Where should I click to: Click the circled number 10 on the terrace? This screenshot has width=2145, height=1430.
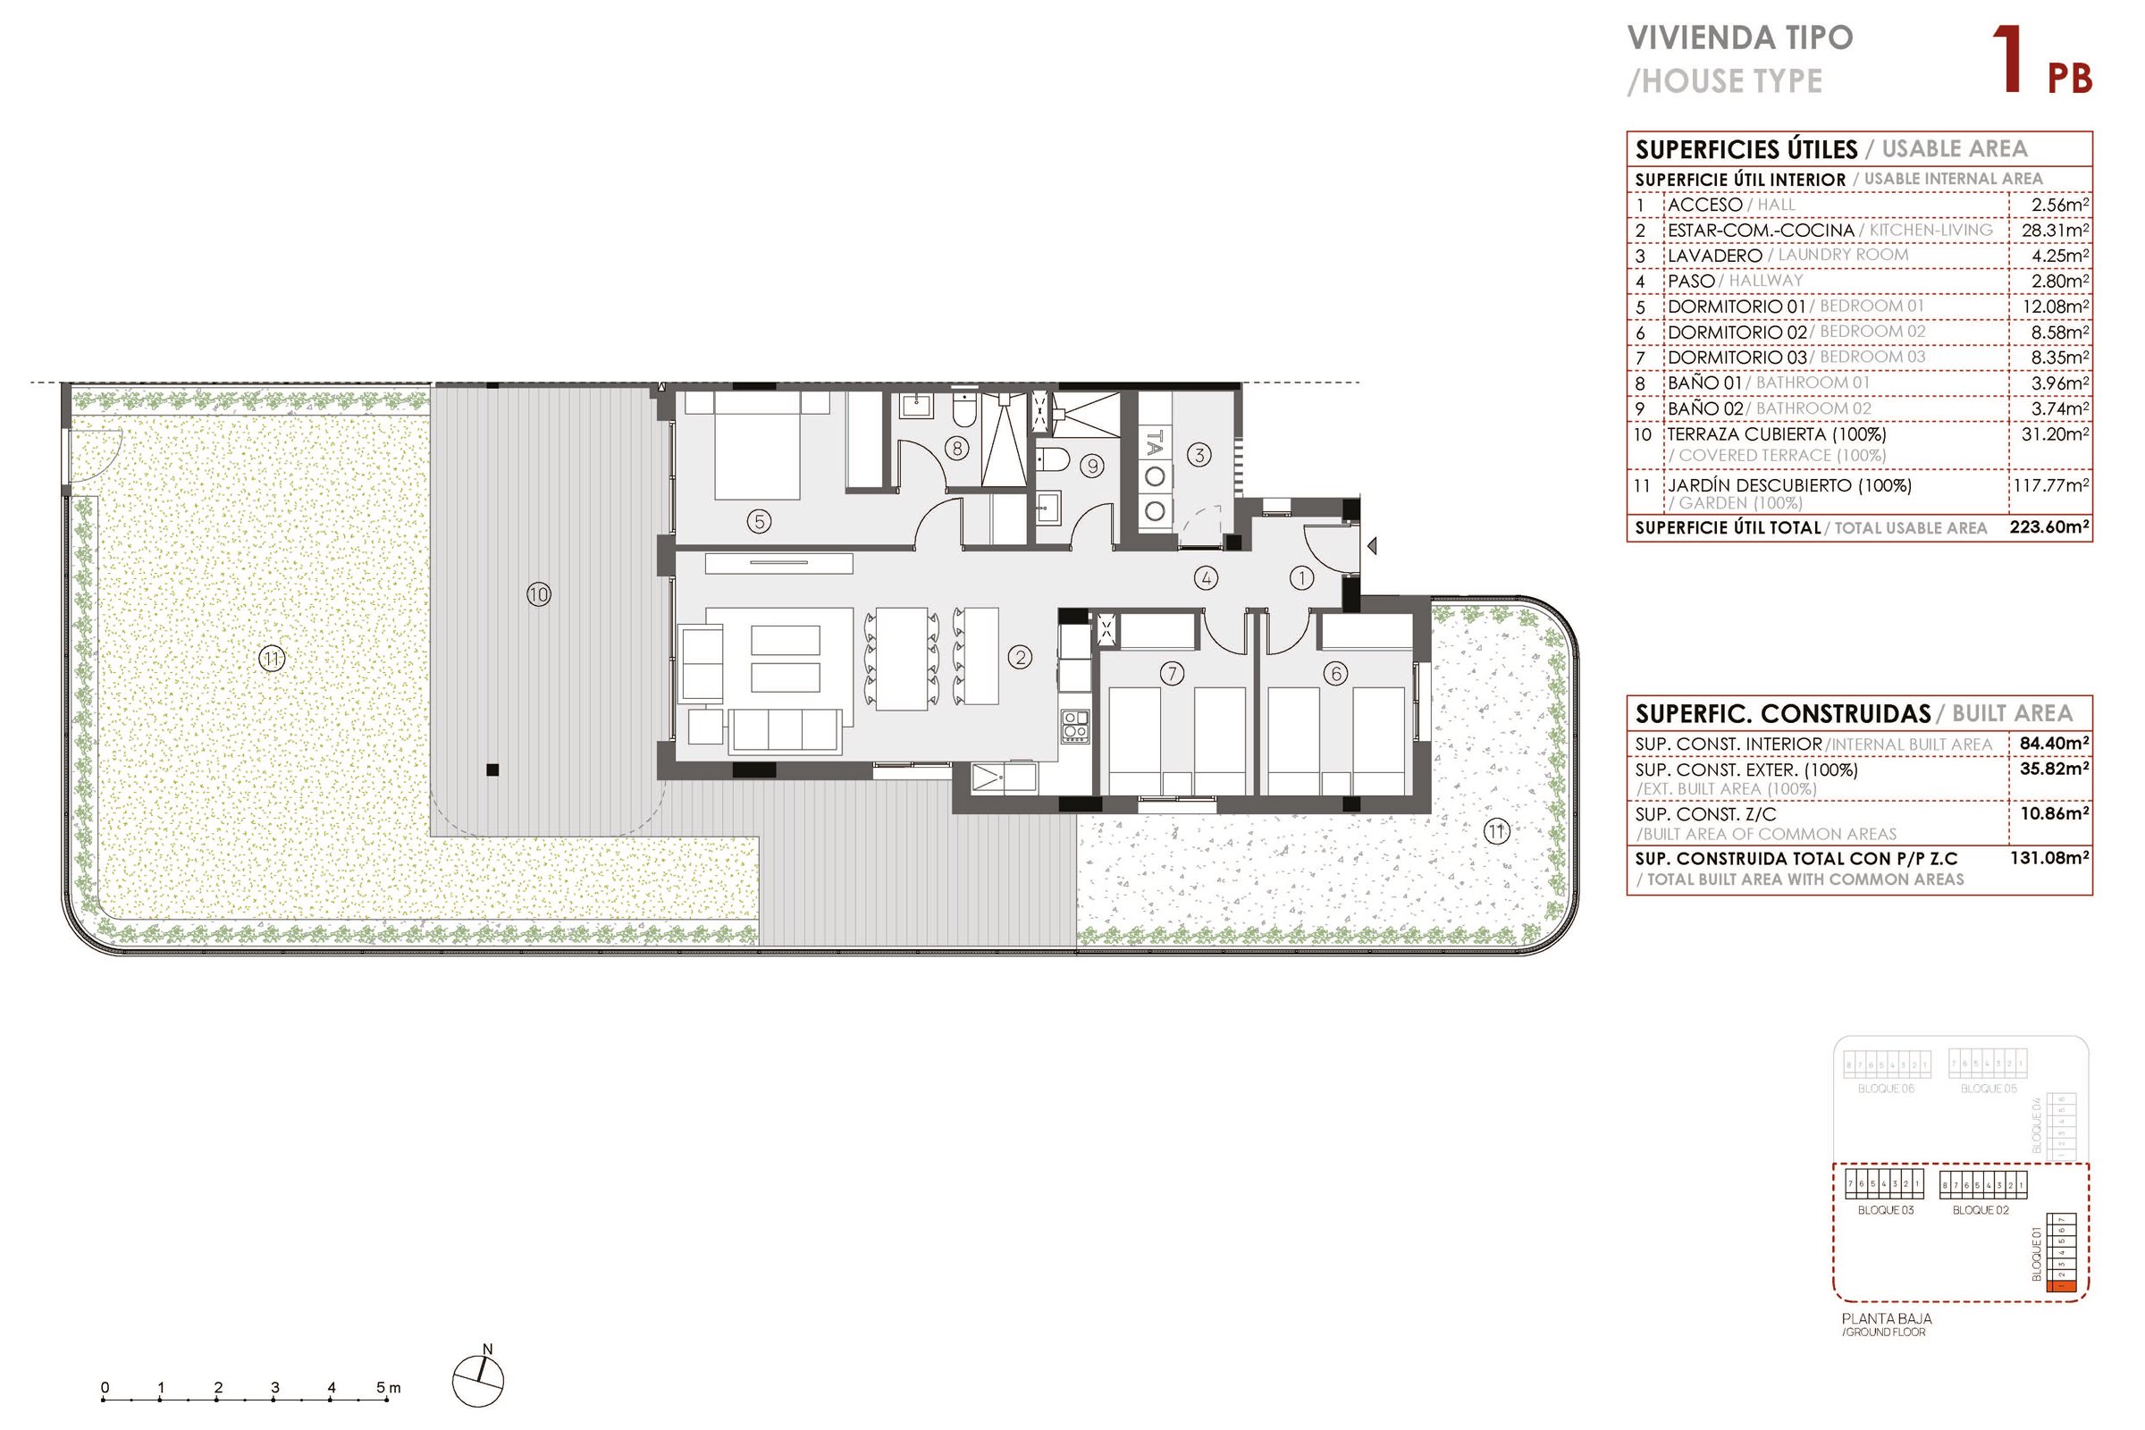tap(538, 594)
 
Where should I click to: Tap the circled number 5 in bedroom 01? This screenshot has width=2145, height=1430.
tap(759, 522)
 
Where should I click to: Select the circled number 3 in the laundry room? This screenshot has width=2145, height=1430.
tap(1199, 454)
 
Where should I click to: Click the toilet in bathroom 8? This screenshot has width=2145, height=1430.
tap(963, 412)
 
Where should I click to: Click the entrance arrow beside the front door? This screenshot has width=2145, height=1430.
tap(1371, 546)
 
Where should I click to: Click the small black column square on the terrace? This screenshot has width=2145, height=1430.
tap(492, 770)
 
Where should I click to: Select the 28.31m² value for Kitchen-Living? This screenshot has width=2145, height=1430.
tap(2054, 231)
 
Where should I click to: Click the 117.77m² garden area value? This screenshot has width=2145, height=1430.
tap(2050, 485)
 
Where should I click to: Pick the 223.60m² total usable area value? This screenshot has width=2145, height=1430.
tap(2048, 527)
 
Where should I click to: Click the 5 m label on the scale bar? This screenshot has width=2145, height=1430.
tap(389, 1387)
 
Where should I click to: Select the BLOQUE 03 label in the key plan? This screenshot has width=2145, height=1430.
tap(1885, 1210)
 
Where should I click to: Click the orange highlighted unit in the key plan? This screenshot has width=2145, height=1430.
tap(2061, 1287)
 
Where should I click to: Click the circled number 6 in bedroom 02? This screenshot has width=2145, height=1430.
tap(1335, 674)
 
